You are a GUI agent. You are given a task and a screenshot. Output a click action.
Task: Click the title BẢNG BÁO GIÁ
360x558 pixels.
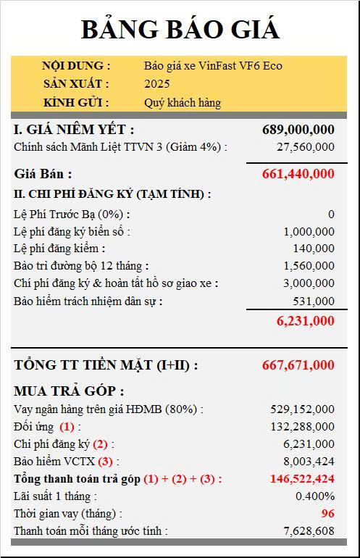click(x=180, y=29)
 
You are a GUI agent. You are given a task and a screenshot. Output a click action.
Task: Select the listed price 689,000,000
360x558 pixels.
click(x=298, y=130)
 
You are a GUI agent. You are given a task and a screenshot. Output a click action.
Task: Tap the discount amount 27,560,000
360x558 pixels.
click(x=305, y=147)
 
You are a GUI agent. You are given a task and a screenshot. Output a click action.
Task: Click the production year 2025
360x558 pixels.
click(x=157, y=84)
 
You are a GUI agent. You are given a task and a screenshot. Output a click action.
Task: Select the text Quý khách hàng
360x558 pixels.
click(x=183, y=102)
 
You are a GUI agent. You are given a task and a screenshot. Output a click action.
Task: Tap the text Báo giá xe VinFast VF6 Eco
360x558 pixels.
click(x=213, y=66)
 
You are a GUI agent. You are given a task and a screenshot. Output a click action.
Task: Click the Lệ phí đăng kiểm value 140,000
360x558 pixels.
click(x=315, y=249)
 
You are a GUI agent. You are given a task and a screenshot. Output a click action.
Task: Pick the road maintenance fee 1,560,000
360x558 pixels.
click(x=309, y=266)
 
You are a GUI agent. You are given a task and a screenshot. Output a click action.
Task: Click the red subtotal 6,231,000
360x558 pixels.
click(x=305, y=320)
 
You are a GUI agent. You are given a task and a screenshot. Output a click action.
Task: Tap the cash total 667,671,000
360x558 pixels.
click(x=298, y=365)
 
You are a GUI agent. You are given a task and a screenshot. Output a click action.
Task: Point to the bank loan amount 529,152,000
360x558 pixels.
click(x=301, y=409)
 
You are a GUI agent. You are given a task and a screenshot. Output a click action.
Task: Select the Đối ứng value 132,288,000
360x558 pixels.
click(x=301, y=427)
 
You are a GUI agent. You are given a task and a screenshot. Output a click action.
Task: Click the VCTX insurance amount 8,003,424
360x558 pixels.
click(x=309, y=462)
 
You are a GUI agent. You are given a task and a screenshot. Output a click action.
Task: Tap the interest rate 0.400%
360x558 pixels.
click(x=315, y=496)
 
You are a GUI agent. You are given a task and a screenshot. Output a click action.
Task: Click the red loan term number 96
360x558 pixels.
click(x=327, y=514)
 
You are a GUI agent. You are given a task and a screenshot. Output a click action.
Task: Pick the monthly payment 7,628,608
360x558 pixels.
click(x=309, y=531)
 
